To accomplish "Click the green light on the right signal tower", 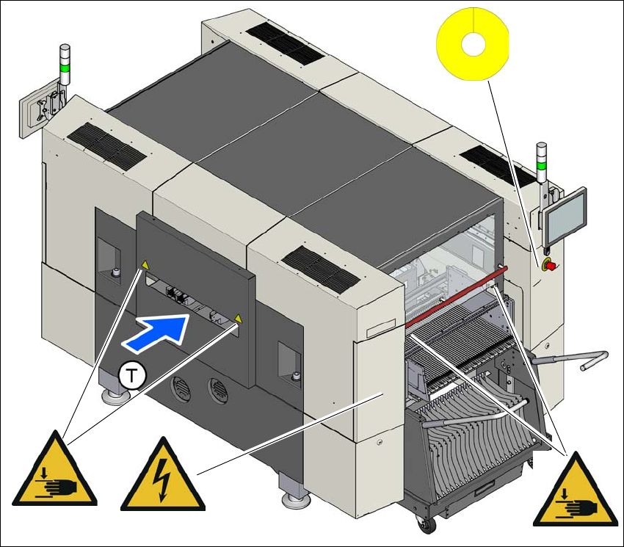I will click(542, 167).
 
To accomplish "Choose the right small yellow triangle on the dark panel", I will click(237, 319).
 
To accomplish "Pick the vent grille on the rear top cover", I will click(282, 43).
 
